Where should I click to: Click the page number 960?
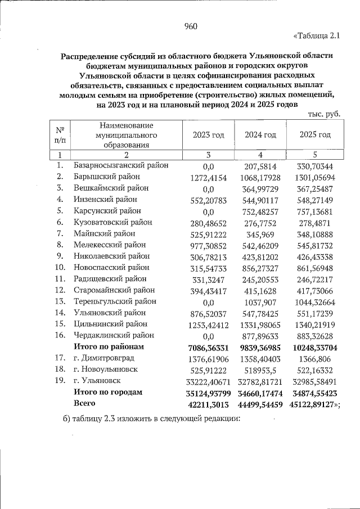tap(191, 26)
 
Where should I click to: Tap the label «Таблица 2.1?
tap(317, 37)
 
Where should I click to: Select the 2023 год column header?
tap(208, 136)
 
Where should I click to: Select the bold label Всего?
tap(84, 403)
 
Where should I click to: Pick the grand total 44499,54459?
tap(260, 404)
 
